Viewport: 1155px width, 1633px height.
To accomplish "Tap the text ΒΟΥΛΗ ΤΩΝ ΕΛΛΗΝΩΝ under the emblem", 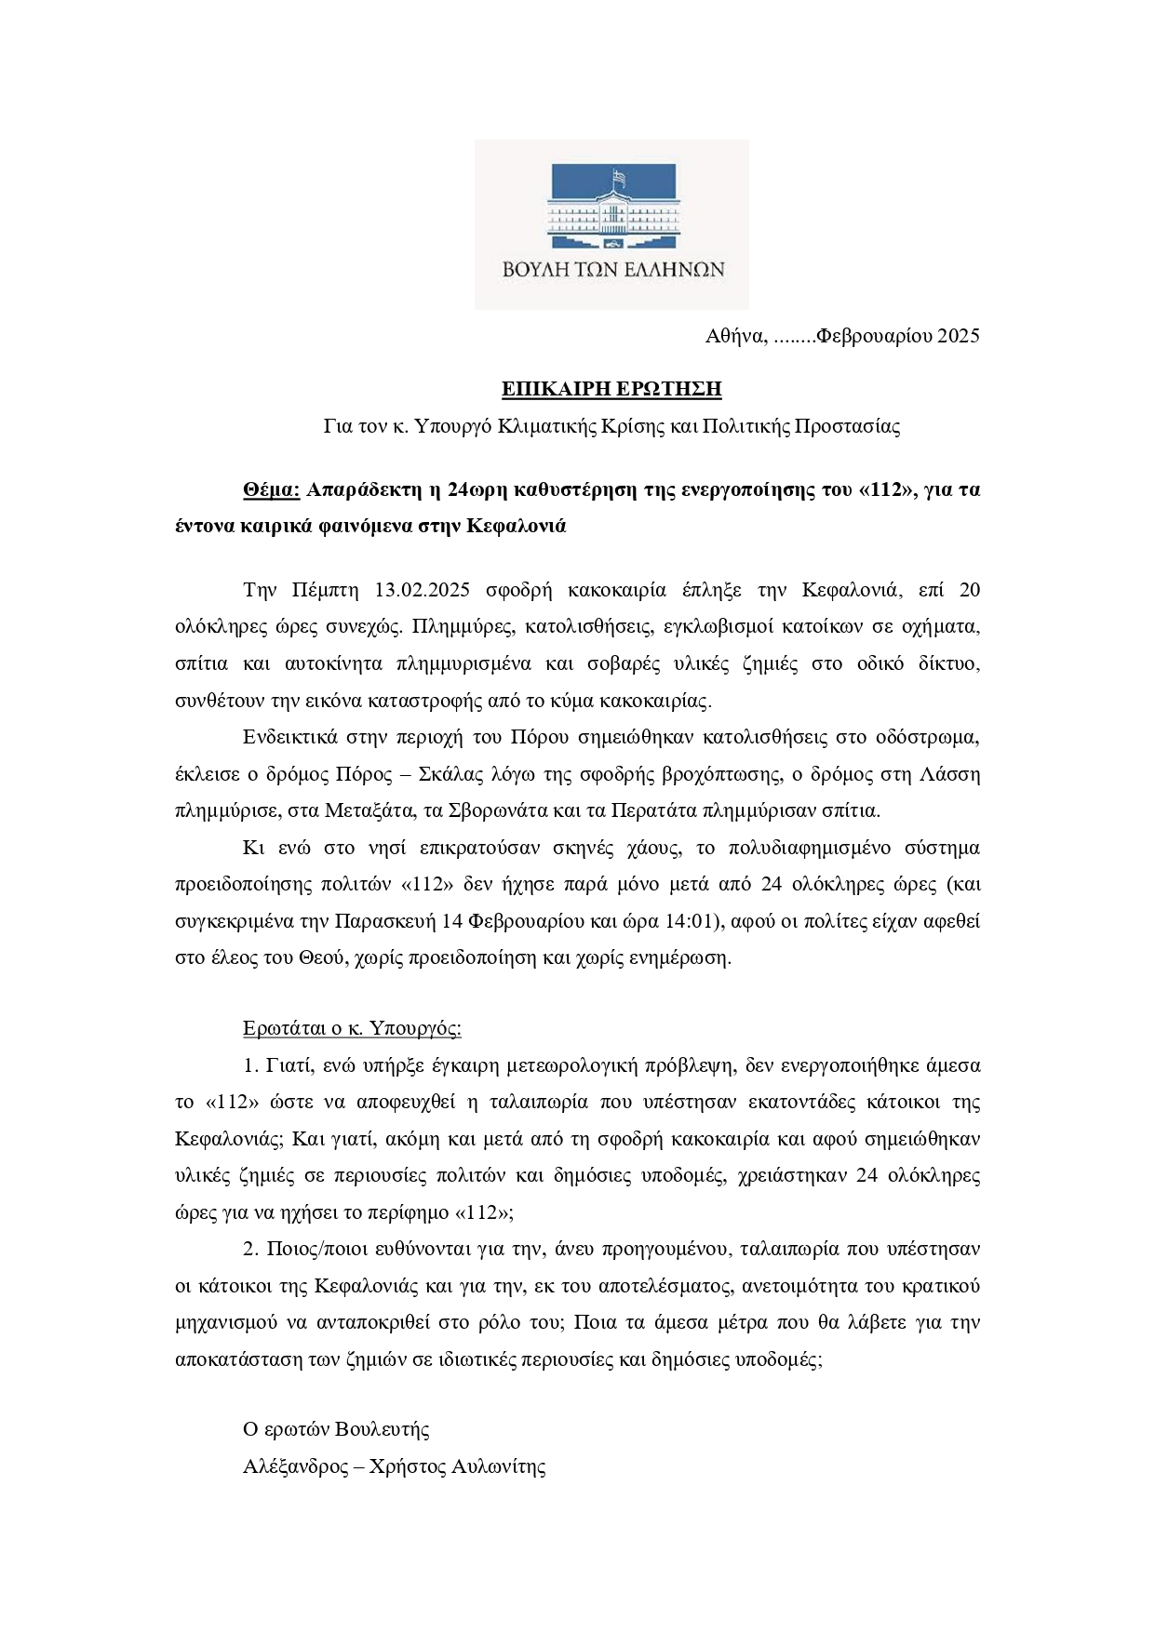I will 611,270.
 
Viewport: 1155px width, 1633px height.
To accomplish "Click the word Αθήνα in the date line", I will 735,336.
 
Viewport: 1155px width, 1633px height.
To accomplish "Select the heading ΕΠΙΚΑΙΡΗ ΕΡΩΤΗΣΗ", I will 611,389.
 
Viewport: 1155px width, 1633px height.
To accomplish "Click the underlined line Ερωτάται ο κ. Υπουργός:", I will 352,1029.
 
